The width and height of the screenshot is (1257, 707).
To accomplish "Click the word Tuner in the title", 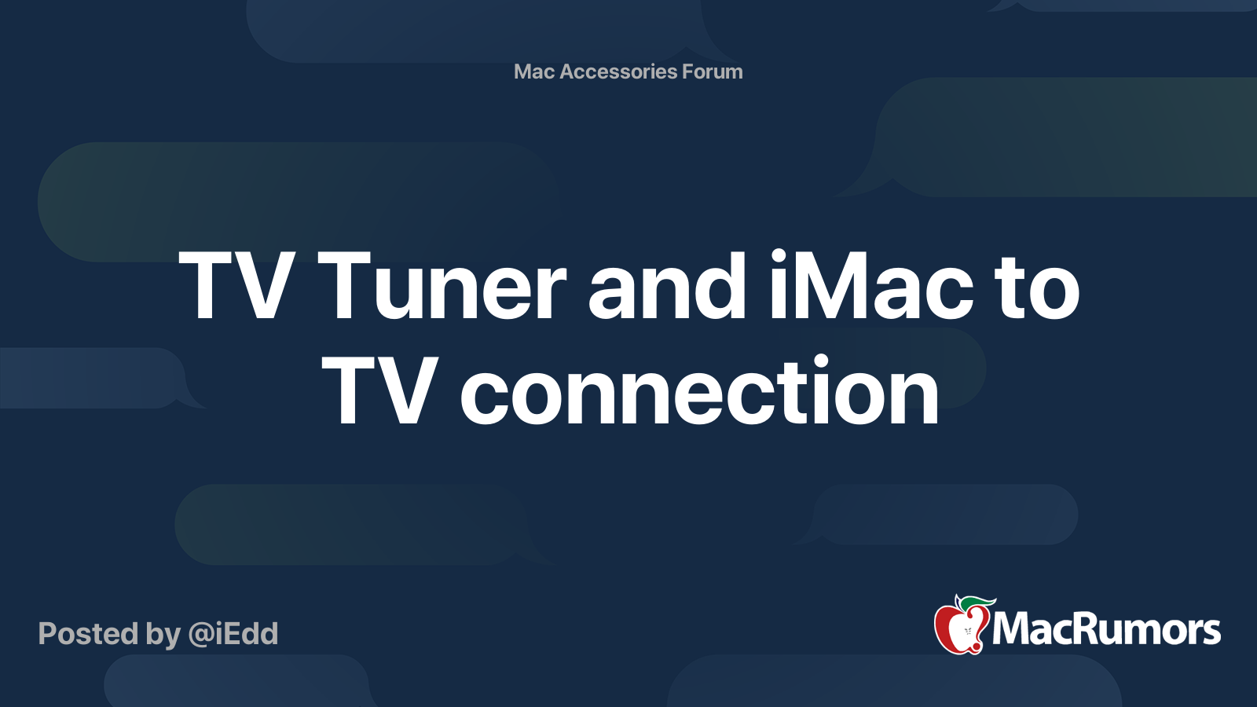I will click(442, 288).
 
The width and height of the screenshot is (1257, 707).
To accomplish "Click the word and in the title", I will click(668, 288).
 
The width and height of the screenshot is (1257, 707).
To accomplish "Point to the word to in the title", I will click(1038, 288).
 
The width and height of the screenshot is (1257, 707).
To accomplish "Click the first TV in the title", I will click(236, 288).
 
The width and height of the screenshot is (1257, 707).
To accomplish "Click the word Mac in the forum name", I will click(534, 71).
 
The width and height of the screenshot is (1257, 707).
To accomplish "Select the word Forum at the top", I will click(713, 71).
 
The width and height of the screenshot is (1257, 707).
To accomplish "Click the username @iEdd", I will click(233, 634).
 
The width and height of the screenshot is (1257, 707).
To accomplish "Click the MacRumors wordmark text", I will click(1106, 629).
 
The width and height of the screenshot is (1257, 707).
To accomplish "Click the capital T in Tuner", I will click(345, 288).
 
